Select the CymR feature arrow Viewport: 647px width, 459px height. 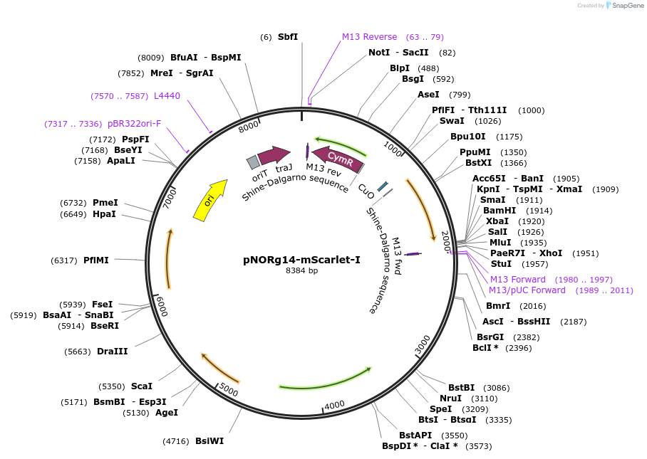click(338, 159)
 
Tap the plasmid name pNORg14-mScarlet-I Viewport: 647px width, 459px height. click(301, 260)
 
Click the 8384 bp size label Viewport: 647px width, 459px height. click(301, 271)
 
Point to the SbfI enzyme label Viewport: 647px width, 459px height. click(288, 36)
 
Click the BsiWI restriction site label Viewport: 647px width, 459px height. click(209, 440)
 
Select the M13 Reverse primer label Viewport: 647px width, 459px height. click(369, 37)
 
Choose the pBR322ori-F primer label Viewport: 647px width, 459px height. click(134, 124)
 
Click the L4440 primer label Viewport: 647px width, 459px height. click(167, 96)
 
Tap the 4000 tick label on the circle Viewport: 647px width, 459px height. click(334, 405)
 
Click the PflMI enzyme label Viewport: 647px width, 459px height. click(96, 260)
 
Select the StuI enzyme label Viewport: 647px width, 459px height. click(501, 264)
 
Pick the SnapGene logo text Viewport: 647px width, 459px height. click(626, 6)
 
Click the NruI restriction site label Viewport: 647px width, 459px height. click(450, 398)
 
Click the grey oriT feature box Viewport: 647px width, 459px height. click(252, 162)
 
